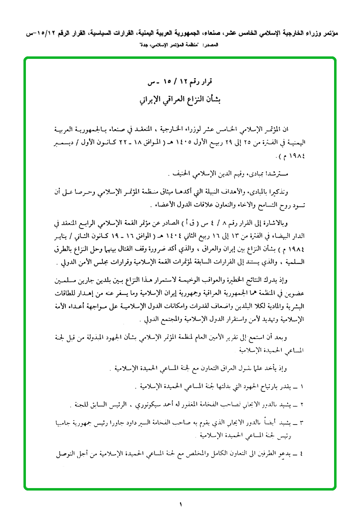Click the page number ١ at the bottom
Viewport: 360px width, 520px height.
point(180,505)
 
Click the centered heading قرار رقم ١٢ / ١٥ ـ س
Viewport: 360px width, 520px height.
point(180,82)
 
